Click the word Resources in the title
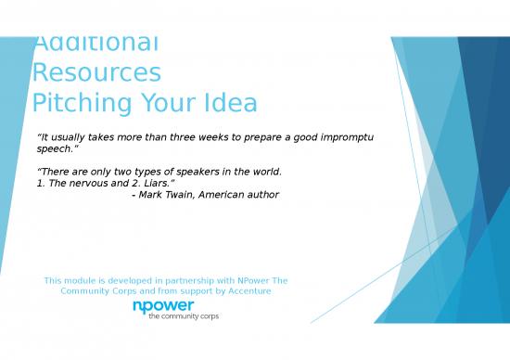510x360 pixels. point(96,73)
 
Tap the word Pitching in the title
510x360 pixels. point(79,103)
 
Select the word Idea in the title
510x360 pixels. point(224,103)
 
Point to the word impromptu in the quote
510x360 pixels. point(343,137)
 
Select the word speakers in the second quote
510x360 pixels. point(189,172)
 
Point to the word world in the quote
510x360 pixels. point(263,172)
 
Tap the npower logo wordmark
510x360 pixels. point(163,306)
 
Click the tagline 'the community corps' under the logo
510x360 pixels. point(184,316)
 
